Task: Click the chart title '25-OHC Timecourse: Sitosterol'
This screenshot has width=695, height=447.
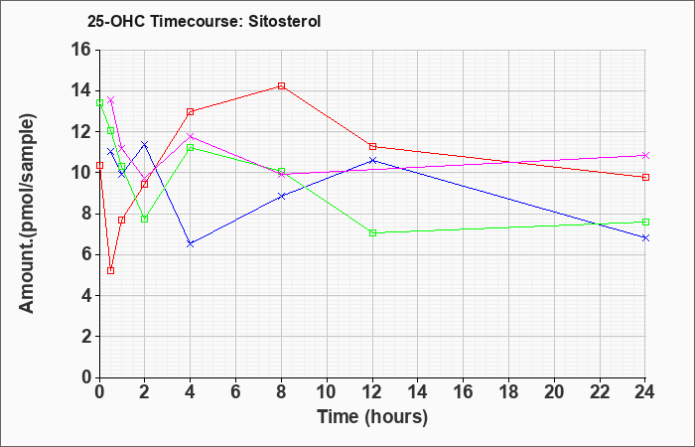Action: tap(204, 21)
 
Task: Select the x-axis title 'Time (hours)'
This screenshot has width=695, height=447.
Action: tap(372, 417)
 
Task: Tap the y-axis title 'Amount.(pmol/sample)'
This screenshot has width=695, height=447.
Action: tap(28, 214)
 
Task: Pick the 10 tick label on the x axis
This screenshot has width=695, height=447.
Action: tap(327, 392)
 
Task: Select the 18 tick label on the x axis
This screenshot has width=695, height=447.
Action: tap(508, 392)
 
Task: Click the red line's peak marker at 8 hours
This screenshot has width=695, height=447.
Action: tap(281, 85)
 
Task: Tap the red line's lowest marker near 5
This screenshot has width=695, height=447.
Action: tap(111, 270)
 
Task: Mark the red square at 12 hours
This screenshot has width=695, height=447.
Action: tap(372, 146)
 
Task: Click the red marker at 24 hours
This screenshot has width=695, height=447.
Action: tap(645, 178)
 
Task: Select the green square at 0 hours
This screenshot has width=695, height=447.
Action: tap(99, 103)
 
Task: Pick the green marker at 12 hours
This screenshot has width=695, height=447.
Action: tap(372, 232)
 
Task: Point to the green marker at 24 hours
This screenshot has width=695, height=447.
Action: tap(645, 222)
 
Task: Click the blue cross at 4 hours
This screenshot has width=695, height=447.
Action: tap(191, 244)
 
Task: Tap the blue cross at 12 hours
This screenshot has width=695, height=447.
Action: tap(372, 160)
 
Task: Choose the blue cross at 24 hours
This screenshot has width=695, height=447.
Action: tap(645, 237)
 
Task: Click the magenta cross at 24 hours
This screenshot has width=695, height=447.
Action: tap(645, 155)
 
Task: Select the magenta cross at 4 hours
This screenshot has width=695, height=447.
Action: tap(191, 136)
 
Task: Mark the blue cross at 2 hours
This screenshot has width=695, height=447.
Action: tap(145, 144)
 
